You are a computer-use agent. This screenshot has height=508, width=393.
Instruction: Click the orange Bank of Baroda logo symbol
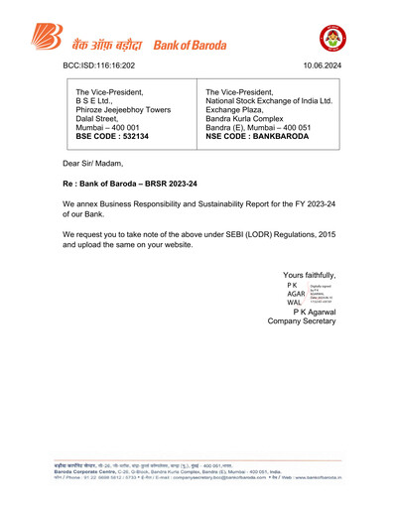45,41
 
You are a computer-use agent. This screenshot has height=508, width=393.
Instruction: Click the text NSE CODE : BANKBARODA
260,136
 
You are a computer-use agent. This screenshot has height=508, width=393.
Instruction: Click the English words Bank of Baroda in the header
188,45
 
